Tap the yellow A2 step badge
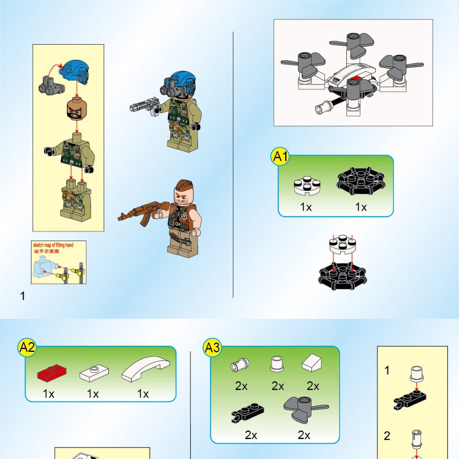(27, 348)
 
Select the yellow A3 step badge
(212, 348)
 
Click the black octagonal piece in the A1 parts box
(361, 183)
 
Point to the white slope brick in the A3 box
(312, 363)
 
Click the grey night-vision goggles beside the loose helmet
(50, 85)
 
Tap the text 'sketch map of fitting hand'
(53, 245)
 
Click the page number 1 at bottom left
(23, 296)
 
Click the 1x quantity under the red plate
(49, 394)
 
